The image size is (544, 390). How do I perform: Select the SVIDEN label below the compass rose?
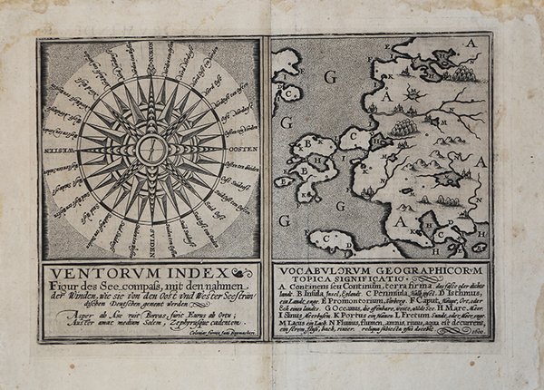point(151,246)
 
